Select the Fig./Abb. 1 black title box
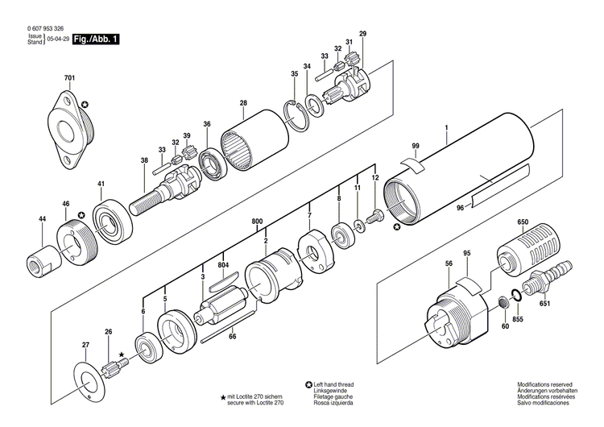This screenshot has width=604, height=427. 95,38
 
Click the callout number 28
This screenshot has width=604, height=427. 243,103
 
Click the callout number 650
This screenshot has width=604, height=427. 522,222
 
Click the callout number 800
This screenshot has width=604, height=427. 257,221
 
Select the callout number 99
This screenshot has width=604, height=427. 416,145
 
